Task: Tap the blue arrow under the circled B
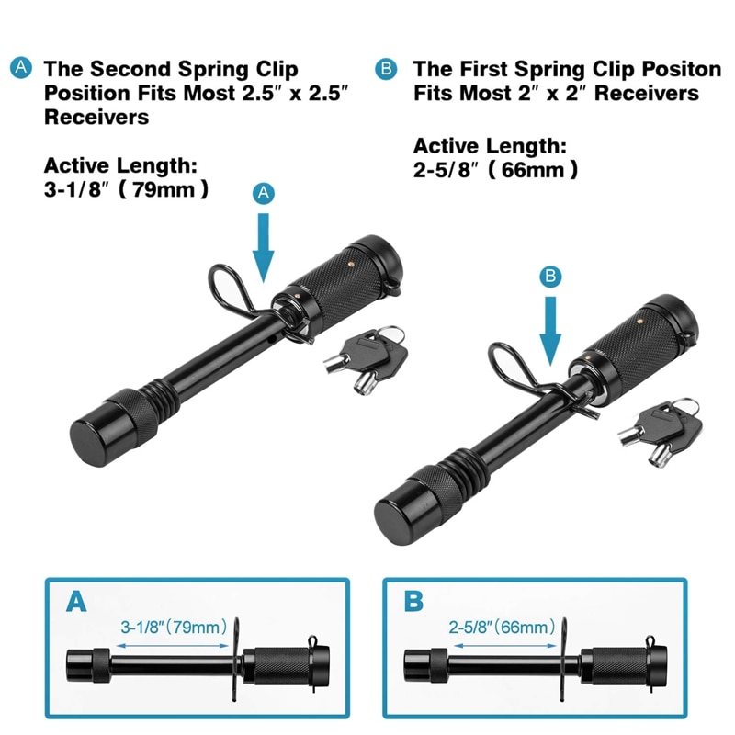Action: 550,333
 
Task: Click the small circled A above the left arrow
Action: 264,193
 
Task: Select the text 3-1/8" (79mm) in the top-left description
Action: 127,190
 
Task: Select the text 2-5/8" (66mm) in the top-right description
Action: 495,170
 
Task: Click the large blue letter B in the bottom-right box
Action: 413,602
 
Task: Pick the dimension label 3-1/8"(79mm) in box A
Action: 172,628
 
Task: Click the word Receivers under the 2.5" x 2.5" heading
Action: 96,118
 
